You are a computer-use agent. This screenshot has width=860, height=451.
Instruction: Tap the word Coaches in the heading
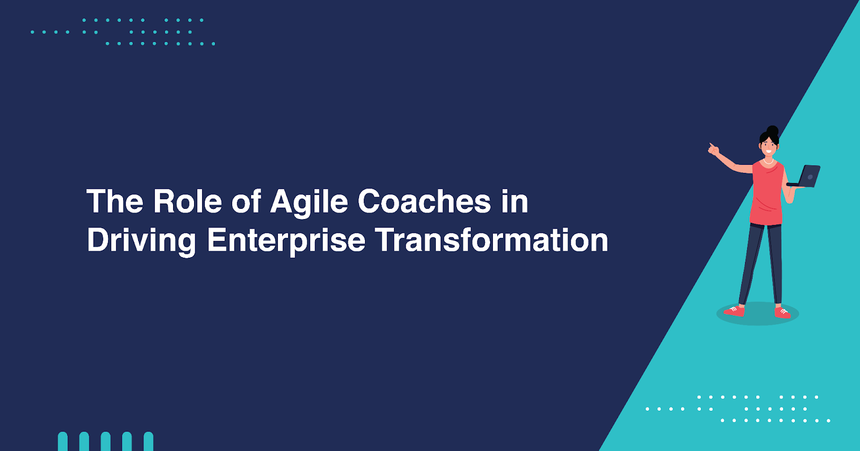point(424,201)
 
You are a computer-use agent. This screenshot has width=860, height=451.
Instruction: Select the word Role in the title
point(188,201)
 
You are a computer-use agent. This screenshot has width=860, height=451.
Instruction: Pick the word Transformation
point(492,239)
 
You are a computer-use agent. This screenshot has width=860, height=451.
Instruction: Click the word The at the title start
point(115,201)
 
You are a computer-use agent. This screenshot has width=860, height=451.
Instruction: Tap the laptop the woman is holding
point(804,177)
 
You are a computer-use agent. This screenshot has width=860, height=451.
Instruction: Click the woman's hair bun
point(772,130)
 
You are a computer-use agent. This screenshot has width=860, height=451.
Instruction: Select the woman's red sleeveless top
point(767,193)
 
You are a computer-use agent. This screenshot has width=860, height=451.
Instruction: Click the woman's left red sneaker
point(734,311)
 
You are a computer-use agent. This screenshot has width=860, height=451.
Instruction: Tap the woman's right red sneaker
point(783,313)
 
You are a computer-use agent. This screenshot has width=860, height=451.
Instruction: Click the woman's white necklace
point(768,162)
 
